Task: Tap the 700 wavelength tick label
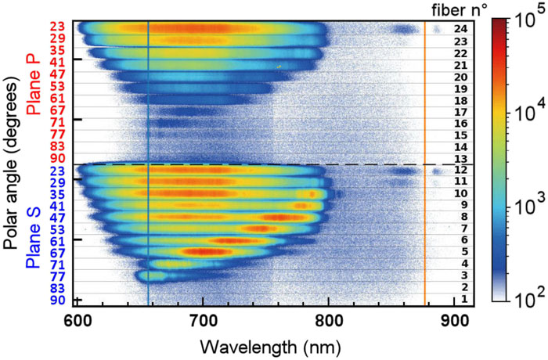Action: click(x=203, y=321)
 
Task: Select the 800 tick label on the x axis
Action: click(x=329, y=321)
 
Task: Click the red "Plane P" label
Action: click(x=33, y=86)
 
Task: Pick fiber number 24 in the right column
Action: click(x=460, y=29)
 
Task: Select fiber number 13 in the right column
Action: click(x=460, y=159)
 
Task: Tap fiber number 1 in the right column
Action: click(x=463, y=300)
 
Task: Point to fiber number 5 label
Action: click(x=463, y=252)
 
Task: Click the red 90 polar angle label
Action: click(x=57, y=159)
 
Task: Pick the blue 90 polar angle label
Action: click(x=57, y=301)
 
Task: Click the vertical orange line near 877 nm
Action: click(x=424, y=157)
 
